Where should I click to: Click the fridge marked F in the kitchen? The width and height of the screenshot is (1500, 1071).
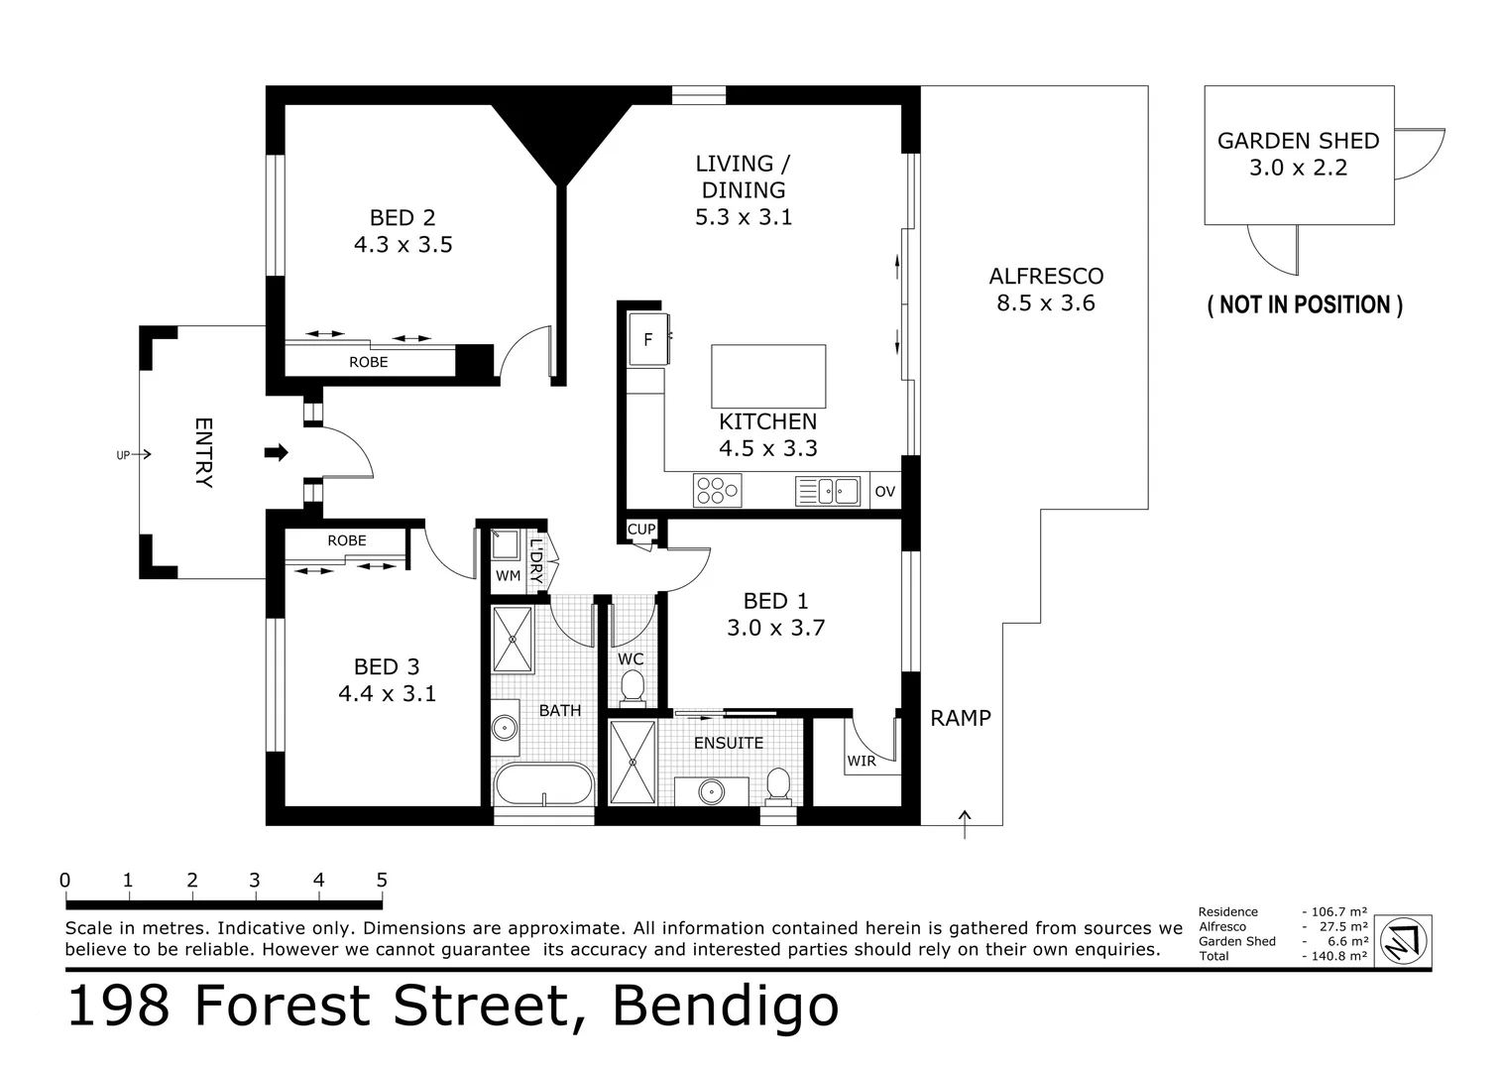[x=648, y=339]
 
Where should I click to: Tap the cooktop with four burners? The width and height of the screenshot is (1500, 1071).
[x=717, y=491]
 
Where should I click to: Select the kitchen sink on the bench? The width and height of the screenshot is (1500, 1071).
[x=828, y=491]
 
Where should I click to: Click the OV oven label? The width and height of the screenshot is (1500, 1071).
[x=884, y=492]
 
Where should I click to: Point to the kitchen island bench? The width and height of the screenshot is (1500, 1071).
[x=768, y=376]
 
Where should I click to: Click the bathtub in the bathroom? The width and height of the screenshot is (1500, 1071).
[x=542, y=784]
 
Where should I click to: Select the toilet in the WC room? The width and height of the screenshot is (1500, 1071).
[x=632, y=686]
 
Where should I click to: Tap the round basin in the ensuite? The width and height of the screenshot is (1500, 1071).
[x=710, y=792]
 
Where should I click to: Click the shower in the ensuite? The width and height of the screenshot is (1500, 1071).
[x=632, y=762]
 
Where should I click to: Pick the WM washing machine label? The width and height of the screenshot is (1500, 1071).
[x=508, y=575]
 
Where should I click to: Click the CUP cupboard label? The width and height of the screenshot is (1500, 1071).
[x=641, y=530]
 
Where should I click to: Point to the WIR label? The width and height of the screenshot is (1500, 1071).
[x=862, y=761]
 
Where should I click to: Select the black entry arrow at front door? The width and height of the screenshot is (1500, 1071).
[x=277, y=453]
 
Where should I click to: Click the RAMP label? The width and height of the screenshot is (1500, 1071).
[x=960, y=718]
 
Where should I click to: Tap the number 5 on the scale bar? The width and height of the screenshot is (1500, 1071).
[x=382, y=880]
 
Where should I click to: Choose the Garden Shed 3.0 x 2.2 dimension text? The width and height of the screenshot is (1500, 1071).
[x=1298, y=168]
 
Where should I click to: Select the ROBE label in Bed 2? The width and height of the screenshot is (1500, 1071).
[x=368, y=362]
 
